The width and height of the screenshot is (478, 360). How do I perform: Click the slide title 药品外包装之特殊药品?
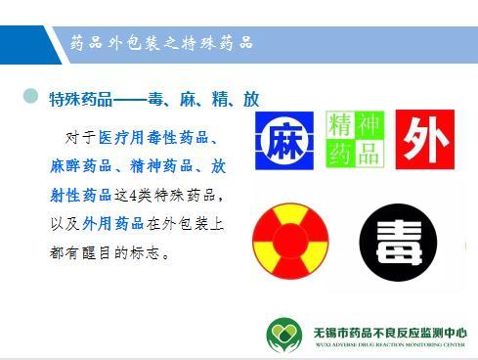pos(161,42)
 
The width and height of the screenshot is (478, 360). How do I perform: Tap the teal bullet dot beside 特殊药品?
pos(30,97)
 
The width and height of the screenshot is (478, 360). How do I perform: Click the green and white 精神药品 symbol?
pos(355,139)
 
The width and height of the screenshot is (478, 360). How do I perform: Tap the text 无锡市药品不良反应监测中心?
pos(390,331)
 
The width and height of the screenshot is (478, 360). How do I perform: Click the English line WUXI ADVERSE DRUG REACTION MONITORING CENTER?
pos(390,344)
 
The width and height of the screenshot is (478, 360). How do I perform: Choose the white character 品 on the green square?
pos(369,152)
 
